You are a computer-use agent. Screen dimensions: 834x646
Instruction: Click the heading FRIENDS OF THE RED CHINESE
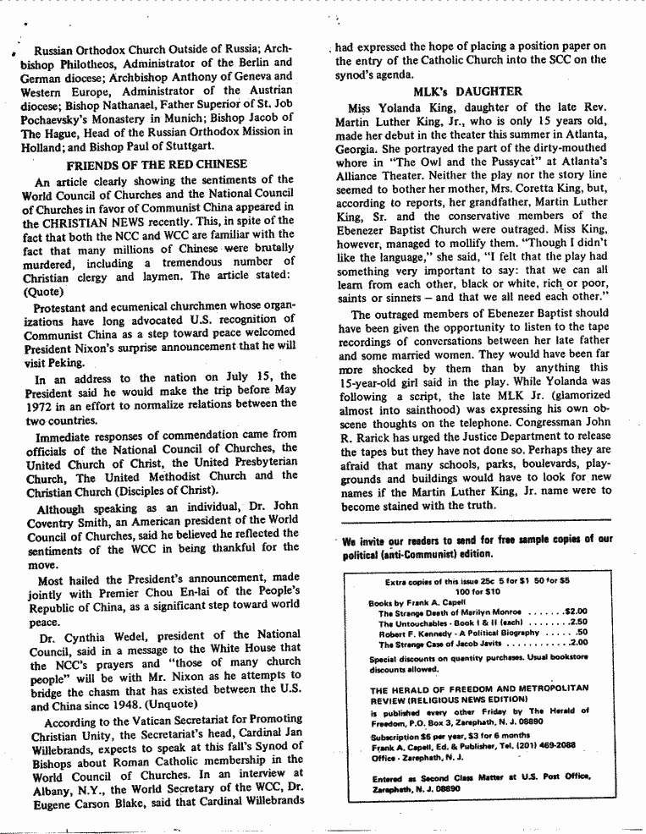point(157,164)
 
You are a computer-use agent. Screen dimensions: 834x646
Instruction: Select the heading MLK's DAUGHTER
point(467,91)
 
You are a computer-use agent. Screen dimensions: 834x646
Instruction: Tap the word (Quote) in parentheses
point(43,291)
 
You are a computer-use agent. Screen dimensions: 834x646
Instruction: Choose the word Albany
point(53,785)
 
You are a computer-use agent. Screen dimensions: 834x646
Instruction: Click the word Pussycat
point(516,162)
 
